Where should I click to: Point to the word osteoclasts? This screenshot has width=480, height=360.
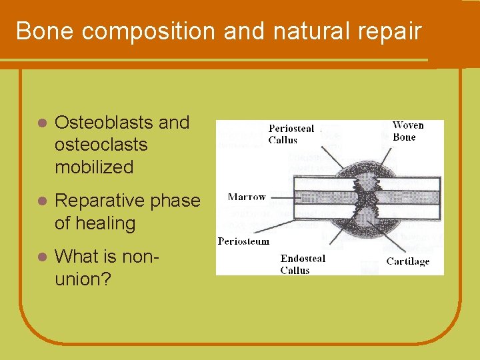pos(101,145)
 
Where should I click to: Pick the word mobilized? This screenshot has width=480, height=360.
pos(94,167)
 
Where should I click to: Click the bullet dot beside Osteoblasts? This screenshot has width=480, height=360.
pos(41,124)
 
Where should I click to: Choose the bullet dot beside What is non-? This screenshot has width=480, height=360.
pos(41,257)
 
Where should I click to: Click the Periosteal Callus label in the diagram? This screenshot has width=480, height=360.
pos(291,134)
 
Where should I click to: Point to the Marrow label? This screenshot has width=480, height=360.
pos(246,197)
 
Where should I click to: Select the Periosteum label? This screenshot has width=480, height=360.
pos(243,241)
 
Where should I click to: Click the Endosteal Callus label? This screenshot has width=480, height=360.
pos(303,264)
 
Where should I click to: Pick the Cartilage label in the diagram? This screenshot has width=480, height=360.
pos(407,261)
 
